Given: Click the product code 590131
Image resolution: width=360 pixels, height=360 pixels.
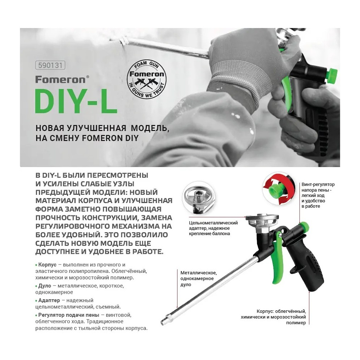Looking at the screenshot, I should [x=50, y=66].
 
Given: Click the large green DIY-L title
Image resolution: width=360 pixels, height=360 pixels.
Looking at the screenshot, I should [x=76, y=101].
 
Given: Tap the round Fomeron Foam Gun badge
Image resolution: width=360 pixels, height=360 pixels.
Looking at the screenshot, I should [x=147, y=76].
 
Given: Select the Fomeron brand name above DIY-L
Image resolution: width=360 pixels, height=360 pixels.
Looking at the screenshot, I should [x=60, y=79].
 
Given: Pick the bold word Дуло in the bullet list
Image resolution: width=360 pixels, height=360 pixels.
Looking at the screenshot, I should [x=46, y=286].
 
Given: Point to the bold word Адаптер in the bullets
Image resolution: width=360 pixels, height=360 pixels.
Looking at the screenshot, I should [x=49, y=300].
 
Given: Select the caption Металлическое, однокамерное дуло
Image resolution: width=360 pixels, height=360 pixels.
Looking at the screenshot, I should [x=197, y=278].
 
